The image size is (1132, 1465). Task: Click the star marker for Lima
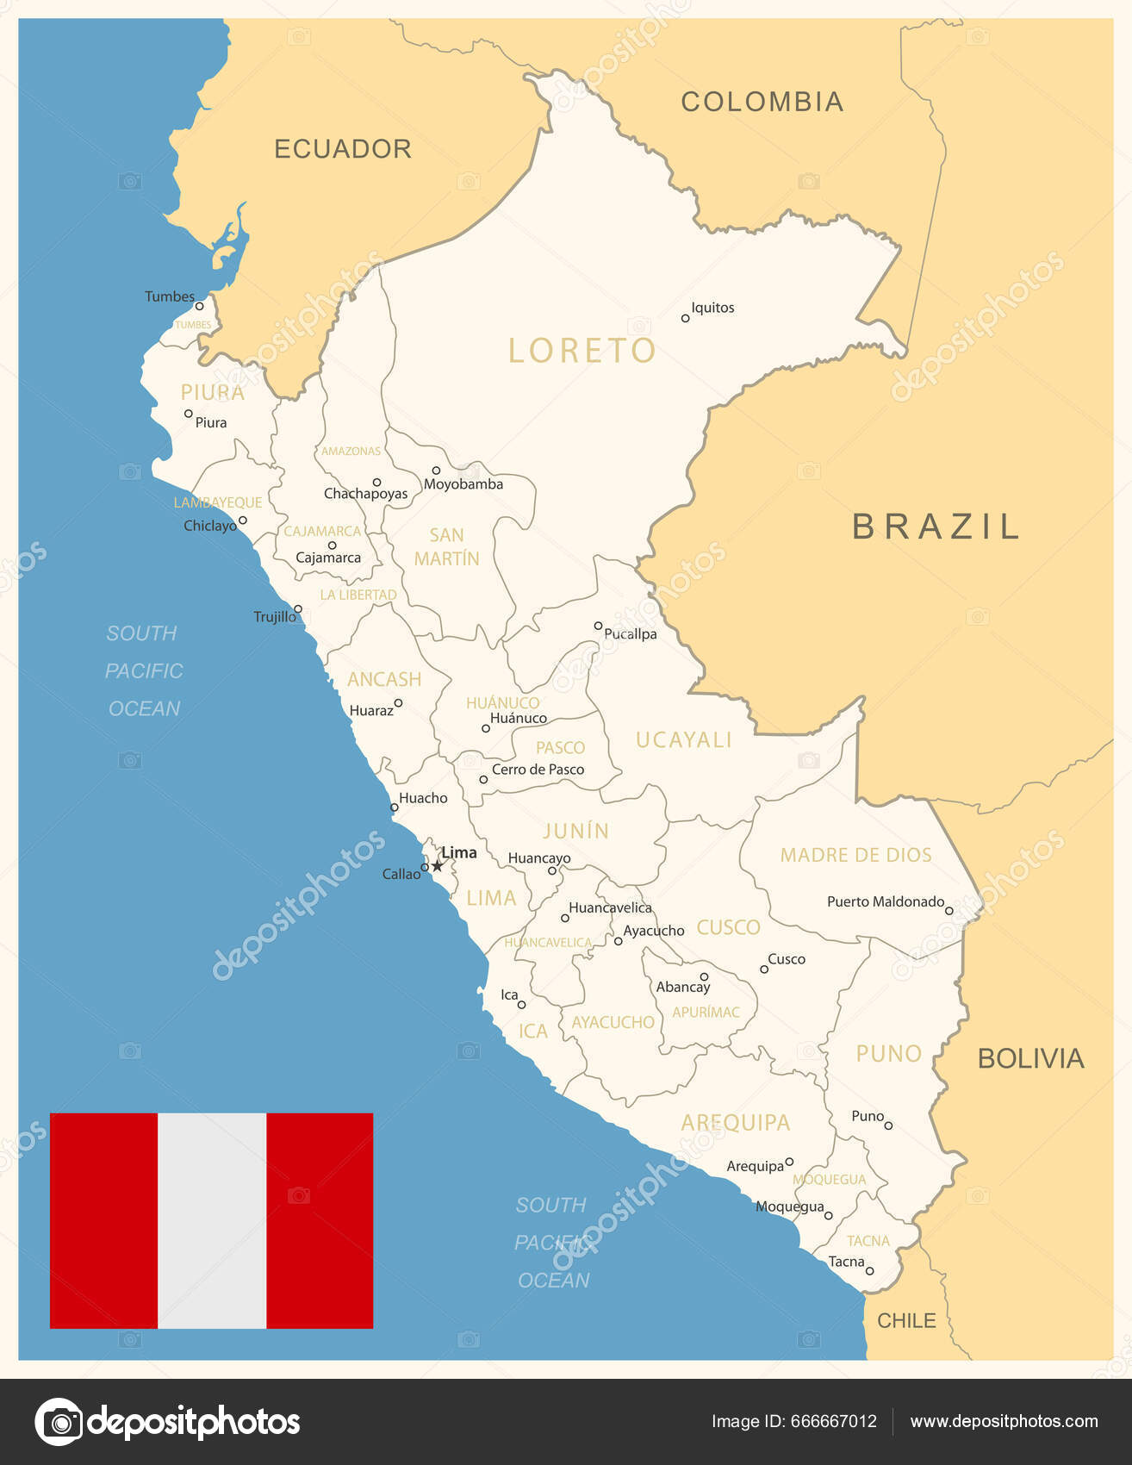point(437,865)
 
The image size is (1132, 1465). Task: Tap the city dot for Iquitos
point(686,318)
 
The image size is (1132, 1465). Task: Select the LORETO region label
point(582,351)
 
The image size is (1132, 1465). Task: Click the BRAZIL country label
point(936,527)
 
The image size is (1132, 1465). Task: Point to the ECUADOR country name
point(342,149)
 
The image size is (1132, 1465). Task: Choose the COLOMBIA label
point(762,102)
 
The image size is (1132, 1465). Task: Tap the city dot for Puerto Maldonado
point(949,910)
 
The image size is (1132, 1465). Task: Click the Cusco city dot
point(764,969)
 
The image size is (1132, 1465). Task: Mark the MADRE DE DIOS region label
point(855,855)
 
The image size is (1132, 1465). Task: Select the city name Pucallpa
point(631,634)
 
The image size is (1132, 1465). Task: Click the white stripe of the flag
point(212,1220)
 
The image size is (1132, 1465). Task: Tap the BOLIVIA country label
point(1030,1058)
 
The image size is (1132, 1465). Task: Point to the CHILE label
point(906,1320)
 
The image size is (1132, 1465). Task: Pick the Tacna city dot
point(870,1271)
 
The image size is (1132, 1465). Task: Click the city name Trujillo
point(275,617)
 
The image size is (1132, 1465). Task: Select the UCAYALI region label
point(683,739)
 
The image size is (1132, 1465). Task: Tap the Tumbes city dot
point(199,306)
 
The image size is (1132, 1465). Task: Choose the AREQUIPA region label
point(735,1122)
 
